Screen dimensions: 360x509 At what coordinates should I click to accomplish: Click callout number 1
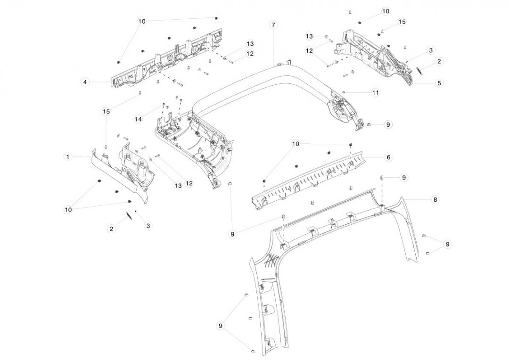68,156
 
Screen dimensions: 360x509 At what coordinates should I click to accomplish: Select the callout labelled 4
85,82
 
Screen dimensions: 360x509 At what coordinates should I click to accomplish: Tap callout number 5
439,83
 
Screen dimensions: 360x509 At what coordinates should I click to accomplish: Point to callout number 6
388,157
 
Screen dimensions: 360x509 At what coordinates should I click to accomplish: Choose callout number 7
273,25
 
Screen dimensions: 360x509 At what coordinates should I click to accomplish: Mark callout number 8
435,200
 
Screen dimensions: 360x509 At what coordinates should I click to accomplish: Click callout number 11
375,93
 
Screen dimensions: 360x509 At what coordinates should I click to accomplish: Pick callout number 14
138,119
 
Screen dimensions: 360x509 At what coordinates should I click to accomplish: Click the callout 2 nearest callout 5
439,61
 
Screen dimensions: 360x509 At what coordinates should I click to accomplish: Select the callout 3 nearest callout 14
148,226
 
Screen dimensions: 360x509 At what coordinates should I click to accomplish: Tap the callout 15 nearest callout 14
106,111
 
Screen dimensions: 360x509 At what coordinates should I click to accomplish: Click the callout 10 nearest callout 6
296,143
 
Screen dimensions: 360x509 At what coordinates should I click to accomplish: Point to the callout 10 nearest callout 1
68,210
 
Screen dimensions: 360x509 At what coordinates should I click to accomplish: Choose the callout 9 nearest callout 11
388,125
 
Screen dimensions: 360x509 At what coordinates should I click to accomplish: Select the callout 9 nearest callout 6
404,177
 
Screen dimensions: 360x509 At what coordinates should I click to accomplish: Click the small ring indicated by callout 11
345,92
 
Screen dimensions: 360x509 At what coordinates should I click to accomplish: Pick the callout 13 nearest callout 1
178,186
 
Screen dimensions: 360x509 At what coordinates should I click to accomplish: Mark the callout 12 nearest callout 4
250,54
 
